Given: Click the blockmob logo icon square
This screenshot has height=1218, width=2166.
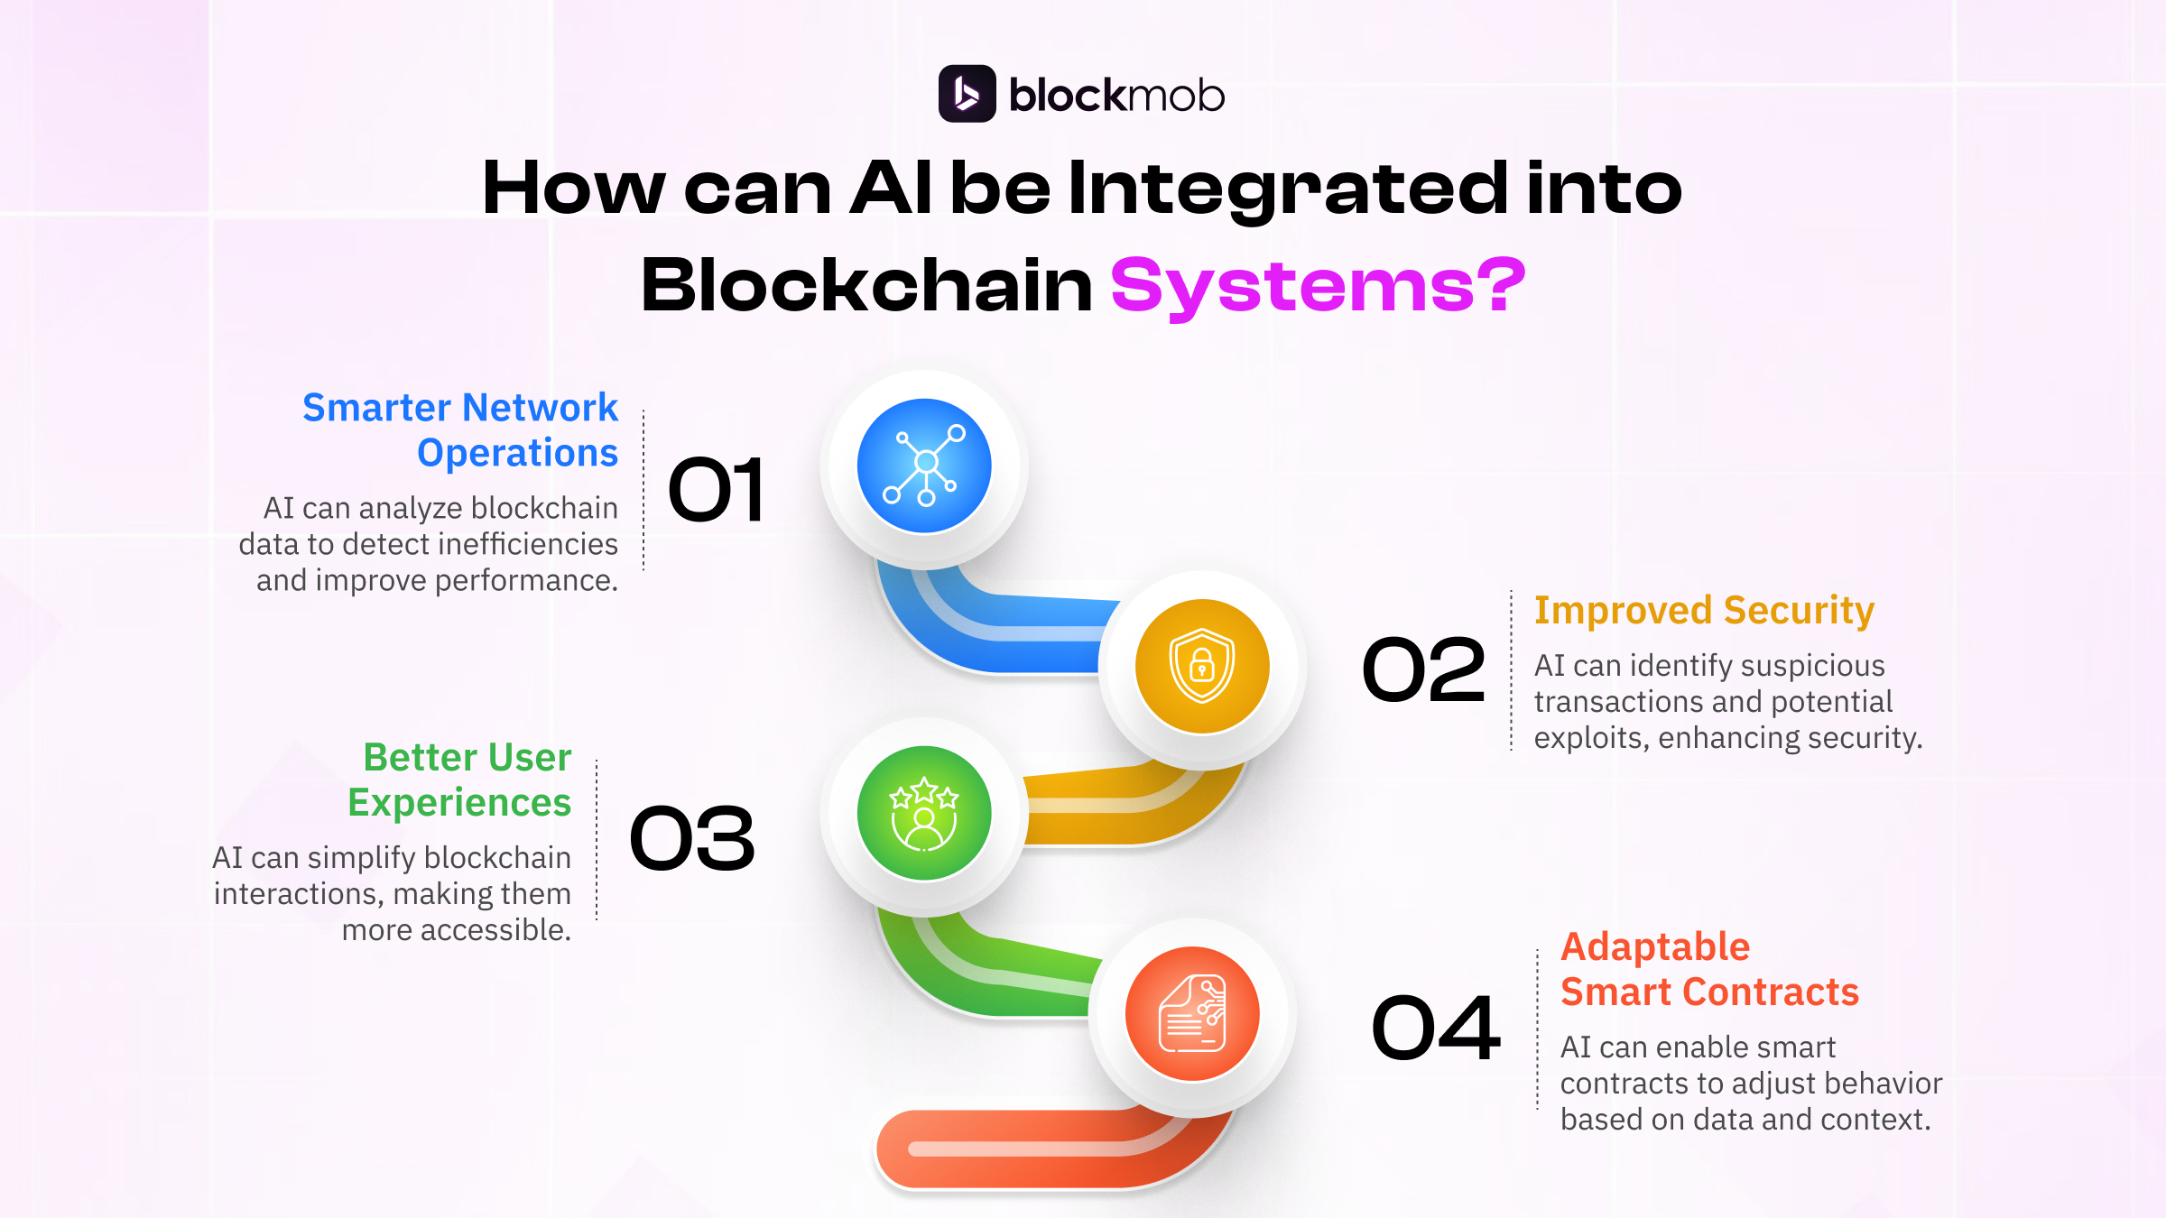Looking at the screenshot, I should point(967,94).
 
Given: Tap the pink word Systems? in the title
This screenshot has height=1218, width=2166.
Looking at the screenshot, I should point(1318,286).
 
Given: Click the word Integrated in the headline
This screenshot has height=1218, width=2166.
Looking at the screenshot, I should point(1287,189).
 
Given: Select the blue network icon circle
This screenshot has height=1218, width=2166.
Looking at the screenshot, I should point(924,466).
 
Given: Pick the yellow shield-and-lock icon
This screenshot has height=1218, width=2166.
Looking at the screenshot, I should point(1202,667).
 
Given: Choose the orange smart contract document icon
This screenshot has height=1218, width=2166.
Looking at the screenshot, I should point(1192,1014).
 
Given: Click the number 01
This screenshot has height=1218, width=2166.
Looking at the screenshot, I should point(717,490).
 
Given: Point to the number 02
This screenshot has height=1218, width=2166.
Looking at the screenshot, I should point(1423,669).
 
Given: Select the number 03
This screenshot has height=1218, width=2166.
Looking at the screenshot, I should point(692,839).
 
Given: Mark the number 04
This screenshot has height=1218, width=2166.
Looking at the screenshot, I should point(1435,1029).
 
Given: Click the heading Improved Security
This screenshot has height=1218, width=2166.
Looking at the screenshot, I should point(1704,611).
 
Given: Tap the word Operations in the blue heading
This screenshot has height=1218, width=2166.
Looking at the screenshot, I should point(517,453).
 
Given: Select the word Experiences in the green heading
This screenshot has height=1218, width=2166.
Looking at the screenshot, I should point(459,803).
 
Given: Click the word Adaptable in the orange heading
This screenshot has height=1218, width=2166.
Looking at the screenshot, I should point(1655,947).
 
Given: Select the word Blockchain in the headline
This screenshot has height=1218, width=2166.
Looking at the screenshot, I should point(866,286).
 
